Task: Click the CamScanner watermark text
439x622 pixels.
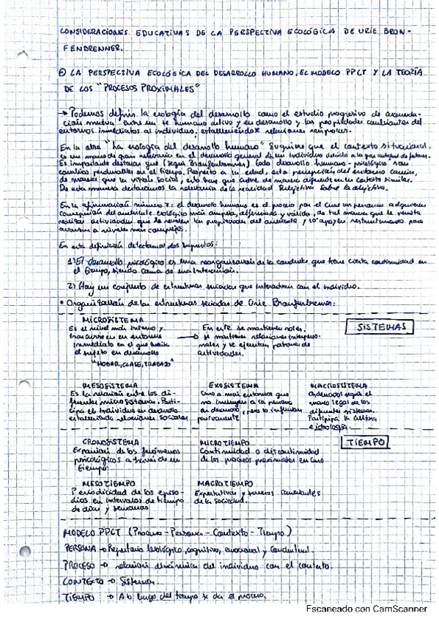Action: click(x=367, y=608)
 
